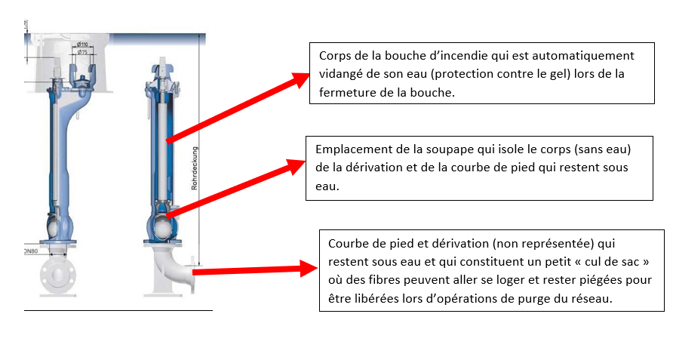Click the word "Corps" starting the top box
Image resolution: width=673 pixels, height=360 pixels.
pyautogui.click(x=335, y=57)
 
